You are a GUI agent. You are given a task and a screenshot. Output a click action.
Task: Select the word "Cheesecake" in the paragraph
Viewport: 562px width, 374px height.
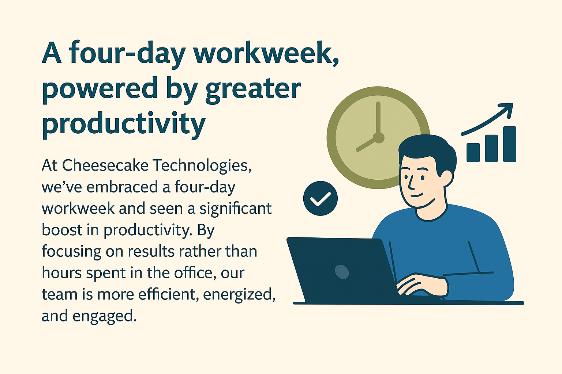[x=105, y=165]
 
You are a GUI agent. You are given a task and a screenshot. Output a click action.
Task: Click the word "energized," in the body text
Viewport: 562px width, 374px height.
[x=239, y=295]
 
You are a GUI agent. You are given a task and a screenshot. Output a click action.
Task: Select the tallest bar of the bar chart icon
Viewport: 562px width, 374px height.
[x=510, y=144]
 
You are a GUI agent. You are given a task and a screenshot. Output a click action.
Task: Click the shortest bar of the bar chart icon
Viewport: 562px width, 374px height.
[x=473, y=153]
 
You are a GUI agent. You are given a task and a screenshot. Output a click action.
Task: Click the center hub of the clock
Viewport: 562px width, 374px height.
[x=378, y=138]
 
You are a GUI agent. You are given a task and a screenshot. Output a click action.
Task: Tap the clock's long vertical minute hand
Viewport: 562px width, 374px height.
[x=378, y=118]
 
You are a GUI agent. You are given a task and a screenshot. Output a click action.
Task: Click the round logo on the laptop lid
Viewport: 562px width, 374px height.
[x=342, y=272]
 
